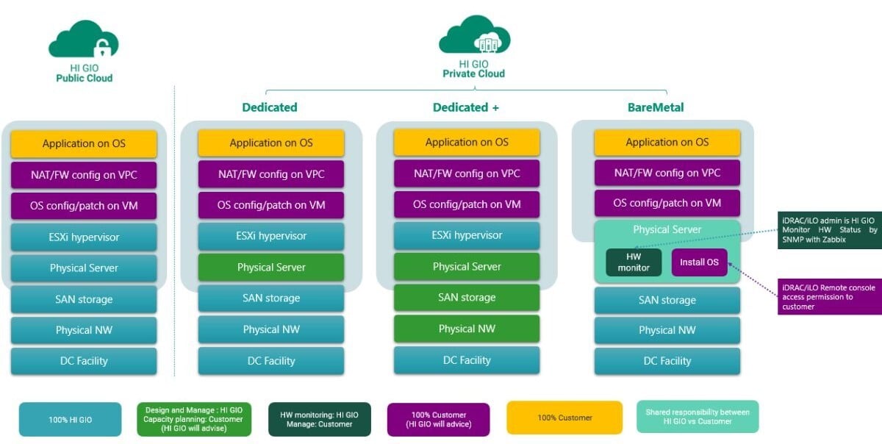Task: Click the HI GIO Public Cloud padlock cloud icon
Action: (x=84, y=41)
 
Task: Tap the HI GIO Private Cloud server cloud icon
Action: (x=474, y=37)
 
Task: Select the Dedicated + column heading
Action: (x=465, y=107)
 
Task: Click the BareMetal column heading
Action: (x=656, y=107)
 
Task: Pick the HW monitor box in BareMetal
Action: (x=634, y=262)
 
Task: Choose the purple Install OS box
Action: (x=699, y=262)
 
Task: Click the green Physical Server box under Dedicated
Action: (x=271, y=268)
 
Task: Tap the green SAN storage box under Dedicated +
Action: (x=467, y=298)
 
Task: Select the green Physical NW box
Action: (x=467, y=329)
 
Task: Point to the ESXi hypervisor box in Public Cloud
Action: (x=84, y=237)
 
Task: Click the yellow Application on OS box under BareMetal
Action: (x=667, y=143)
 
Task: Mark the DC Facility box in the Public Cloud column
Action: (x=84, y=361)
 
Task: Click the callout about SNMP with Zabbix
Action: (x=829, y=230)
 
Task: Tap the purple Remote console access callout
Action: (x=829, y=297)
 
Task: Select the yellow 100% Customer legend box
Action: (x=564, y=418)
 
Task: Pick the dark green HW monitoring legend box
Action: (x=319, y=419)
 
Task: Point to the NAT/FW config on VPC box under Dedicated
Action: (x=271, y=174)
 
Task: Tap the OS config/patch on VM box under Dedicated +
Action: (x=467, y=204)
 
